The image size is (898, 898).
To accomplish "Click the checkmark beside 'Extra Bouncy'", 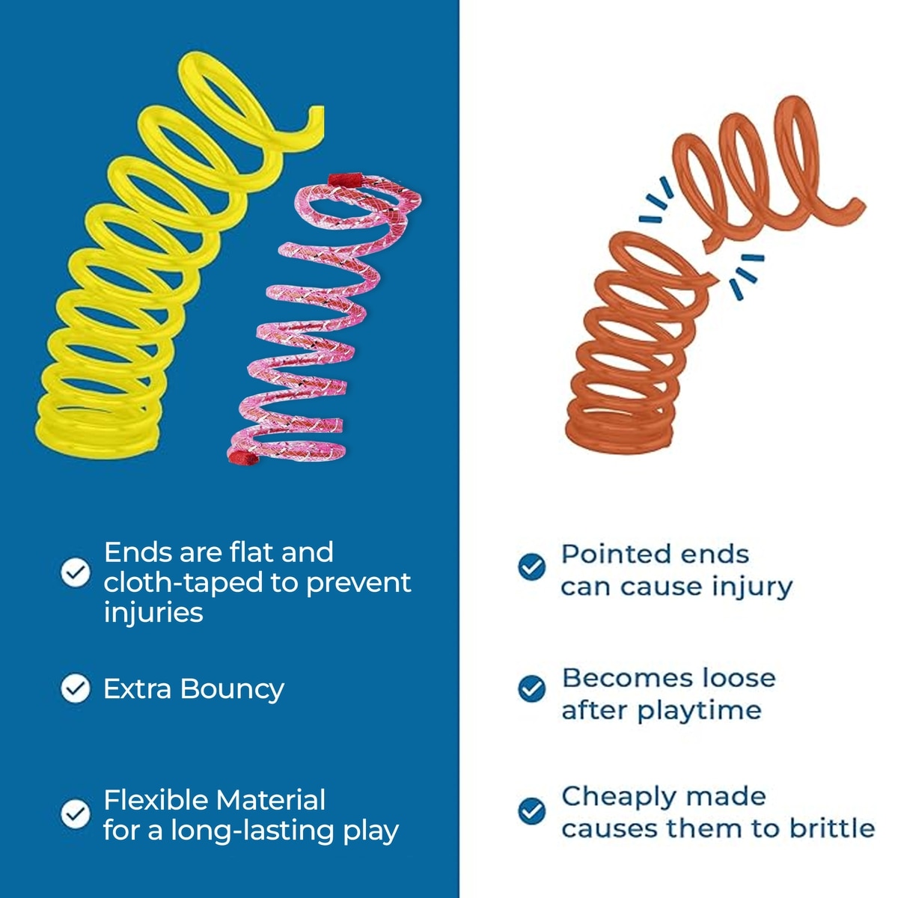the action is tap(76, 688).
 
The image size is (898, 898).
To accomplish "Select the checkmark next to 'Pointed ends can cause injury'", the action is tap(532, 566).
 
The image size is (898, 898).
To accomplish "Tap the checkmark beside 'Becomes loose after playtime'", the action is tap(532, 688).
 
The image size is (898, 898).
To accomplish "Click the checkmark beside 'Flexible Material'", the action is tap(76, 813).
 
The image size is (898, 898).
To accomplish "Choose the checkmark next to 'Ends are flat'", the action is tap(76, 572).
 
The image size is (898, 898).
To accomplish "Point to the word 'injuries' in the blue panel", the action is tap(153, 612).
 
